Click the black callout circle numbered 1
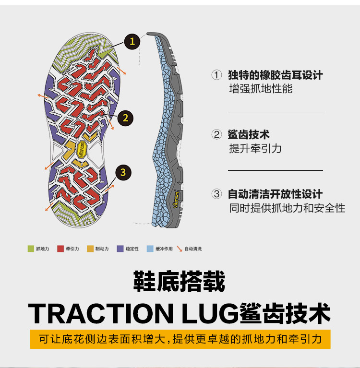pyautogui.click(x=132, y=41)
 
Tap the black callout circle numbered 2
pyautogui.click(x=125, y=118)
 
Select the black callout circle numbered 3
pyautogui.click(x=123, y=172)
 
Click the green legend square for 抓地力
pyautogui.click(x=31, y=249)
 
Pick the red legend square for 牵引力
pyautogui.click(x=60, y=249)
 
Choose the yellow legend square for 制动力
pyautogui.click(x=90, y=249)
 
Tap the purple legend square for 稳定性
pyautogui.click(x=120, y=249)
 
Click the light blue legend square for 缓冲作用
pyautogui.click(x=150, y=249)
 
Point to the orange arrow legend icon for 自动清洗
pyautogui.click(x=180, y=249)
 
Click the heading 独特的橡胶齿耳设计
pyautogui.click(x=275, y=75)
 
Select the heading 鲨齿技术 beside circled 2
pyautogui.click(x=249, y=135)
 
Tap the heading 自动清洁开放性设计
pyautogui.click(x=275, y=194)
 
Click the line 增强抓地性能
pyautogui.click(x=261, y=89)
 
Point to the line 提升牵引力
pyautogui.click(x=255, y=149)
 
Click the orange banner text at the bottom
pyautogui.click(x=180, y=339)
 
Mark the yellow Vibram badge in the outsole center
pyautogui.click(x=82, y=148)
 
